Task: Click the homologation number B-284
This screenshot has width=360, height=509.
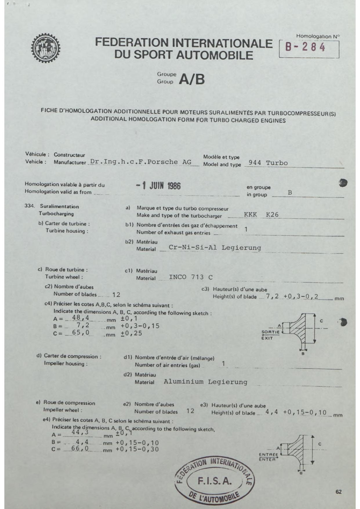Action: tap(305, 47)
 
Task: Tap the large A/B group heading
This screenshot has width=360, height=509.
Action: tap(192, 79)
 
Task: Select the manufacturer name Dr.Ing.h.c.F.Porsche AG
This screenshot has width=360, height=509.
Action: tap(141, 162)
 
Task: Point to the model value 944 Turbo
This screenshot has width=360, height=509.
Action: tap(268, 163)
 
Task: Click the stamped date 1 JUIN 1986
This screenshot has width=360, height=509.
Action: tap(158, 186)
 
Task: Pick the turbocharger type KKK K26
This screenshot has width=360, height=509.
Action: tap(261, 215)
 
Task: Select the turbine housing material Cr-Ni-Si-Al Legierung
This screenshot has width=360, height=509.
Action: tap(215, 248)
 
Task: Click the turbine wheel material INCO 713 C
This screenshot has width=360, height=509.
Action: tap(191, 277)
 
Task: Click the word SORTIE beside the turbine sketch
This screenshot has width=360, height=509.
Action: tap(270, 332)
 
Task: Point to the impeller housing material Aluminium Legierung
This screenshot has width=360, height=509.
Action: tap(205, 382)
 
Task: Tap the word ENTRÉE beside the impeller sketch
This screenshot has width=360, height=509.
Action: tap(268, 454)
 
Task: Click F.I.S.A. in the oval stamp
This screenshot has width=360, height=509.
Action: tap(215, 481)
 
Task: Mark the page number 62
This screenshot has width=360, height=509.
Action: tap(339, 492)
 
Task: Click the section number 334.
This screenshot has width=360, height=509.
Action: tap(30, 206)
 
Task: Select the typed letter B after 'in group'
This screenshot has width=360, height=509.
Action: tap(290, 193)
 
